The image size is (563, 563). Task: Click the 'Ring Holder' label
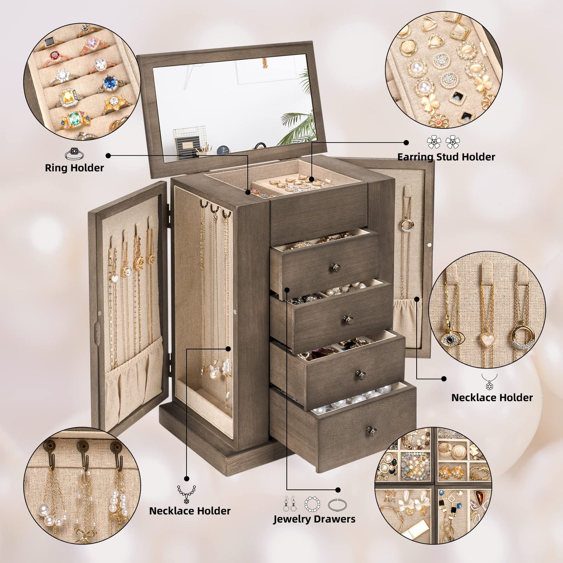tap(74, 168)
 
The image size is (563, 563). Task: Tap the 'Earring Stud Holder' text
tap(446, 157)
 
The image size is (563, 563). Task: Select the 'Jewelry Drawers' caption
tap(314, 519)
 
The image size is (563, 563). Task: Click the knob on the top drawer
tap(334, 267)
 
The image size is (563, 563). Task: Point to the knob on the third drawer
tap(361, 374)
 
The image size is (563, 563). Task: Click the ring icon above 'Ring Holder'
tap(74, 154)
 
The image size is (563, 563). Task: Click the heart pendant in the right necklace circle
tap(487, 339)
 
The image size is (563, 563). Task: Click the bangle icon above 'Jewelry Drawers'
tap(337, 504)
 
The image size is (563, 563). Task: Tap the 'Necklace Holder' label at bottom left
tap(190, 511)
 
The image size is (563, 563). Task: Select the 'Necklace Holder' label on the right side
tap(492, 397)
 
